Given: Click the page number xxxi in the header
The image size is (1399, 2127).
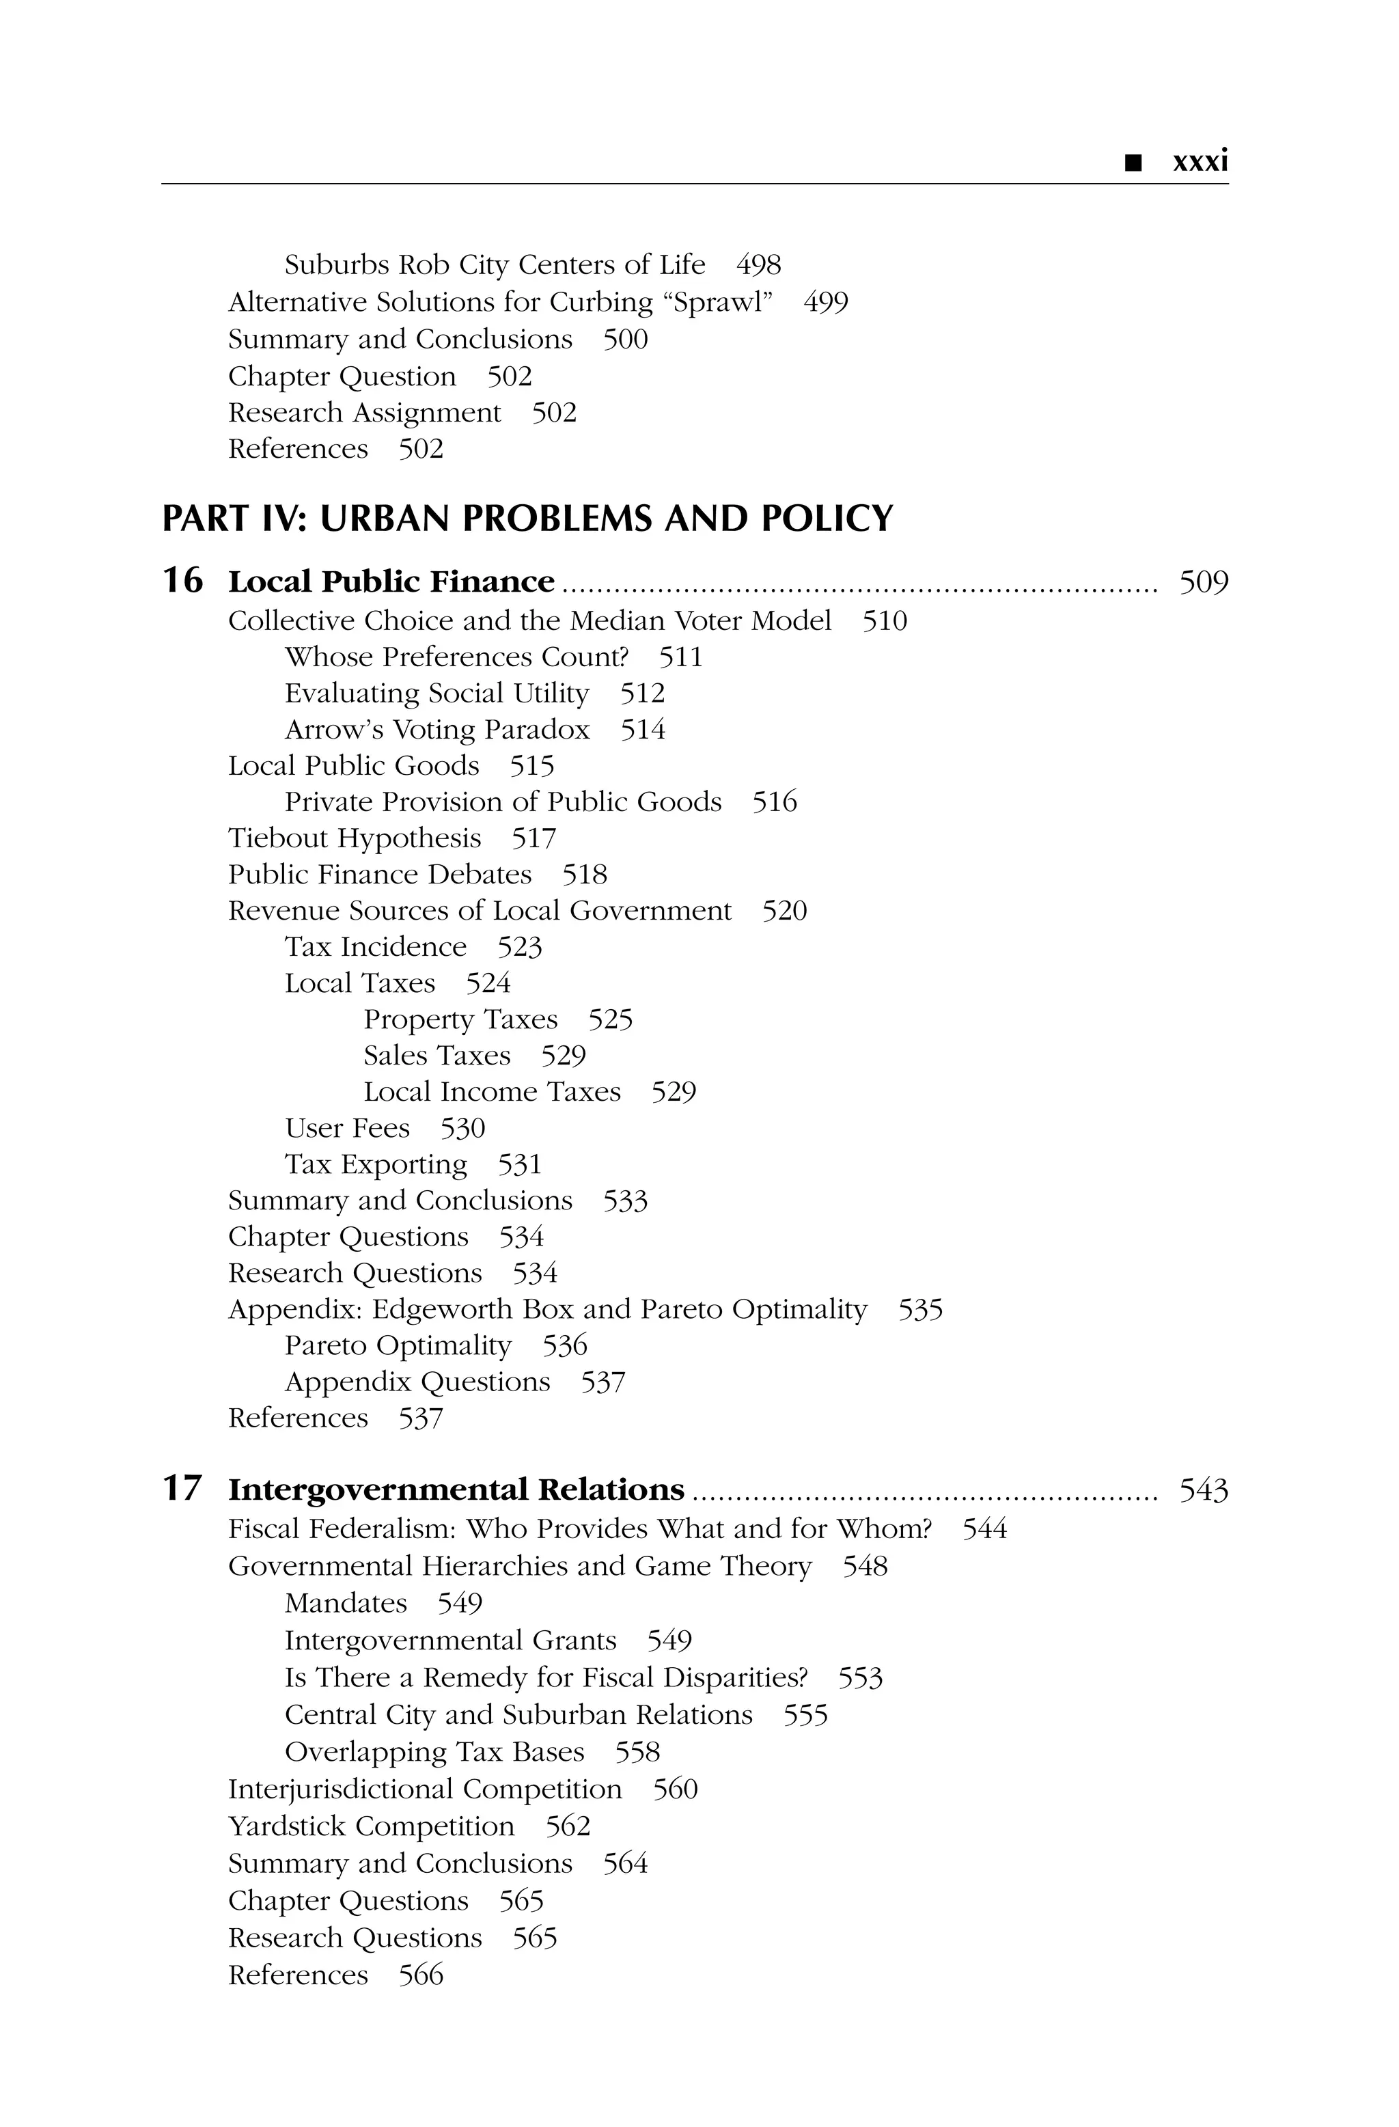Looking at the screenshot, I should (1200, 163).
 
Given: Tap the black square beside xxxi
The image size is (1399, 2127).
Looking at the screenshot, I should (1133, 163).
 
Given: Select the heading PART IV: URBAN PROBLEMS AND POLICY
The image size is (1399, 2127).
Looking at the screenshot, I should (527, 519).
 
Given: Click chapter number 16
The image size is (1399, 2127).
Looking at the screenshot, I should (182, 581).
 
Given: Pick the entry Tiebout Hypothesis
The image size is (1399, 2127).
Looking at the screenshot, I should (355, 838).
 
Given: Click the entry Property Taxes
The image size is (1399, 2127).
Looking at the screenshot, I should (460, 1019).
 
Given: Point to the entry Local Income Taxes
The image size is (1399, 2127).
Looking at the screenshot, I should (491, 1092).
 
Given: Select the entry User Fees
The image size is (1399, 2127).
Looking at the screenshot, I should (346, 1129).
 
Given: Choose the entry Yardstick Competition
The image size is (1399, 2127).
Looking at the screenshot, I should (371, 1826).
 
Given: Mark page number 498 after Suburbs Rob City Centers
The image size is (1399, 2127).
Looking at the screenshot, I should (758, 265).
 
